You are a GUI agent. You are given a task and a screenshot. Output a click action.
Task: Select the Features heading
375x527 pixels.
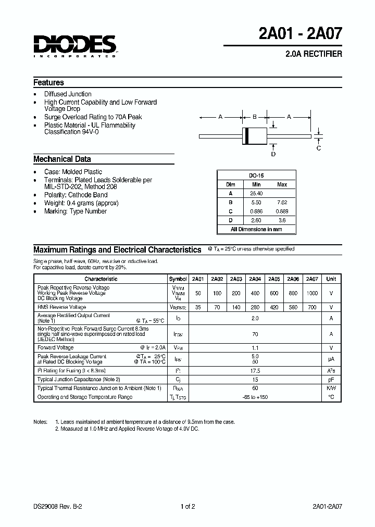point(48,83)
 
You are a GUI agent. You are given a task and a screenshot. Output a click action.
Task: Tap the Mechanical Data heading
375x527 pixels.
point(62,159)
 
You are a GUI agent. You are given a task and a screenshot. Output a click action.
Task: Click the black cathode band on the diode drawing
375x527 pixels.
point(246,136)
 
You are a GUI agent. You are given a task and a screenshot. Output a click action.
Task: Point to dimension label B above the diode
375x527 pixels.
point(255,117)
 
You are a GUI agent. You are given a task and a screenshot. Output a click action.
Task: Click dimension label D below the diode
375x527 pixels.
point(273,154)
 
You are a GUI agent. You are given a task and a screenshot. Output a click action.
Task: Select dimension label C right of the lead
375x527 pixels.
point(319,148)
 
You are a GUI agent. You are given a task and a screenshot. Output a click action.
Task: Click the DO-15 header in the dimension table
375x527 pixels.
point(256,176)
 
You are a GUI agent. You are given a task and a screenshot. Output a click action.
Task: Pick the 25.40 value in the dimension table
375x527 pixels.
point(256,193)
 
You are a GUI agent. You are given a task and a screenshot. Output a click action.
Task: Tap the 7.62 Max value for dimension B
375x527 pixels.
point(282,202)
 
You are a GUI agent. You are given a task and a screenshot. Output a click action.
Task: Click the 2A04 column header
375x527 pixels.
point(255,279)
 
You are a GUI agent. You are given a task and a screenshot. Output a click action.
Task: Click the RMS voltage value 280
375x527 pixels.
point(255,307)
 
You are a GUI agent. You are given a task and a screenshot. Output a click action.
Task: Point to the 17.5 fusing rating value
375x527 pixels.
point(255,371)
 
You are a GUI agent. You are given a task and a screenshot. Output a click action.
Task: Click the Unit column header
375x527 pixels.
point(331,279)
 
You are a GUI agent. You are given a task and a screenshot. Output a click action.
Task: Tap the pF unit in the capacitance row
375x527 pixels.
point(331,380)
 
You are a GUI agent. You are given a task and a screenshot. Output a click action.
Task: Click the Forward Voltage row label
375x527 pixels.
point(56,347)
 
